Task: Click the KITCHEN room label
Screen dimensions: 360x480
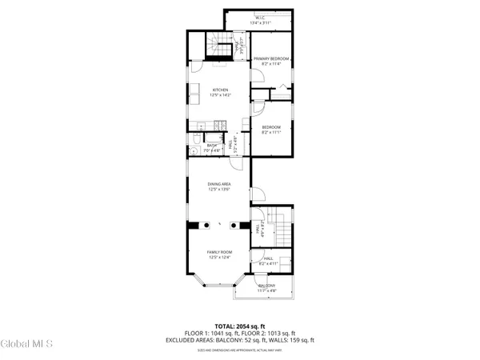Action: [x=220, y=90]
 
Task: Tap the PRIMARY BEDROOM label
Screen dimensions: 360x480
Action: [x=270, y=59]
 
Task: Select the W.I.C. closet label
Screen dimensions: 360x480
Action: [x=260, y=18]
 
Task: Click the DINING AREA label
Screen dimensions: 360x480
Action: [x=219, y=185]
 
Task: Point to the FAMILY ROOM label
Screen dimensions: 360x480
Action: [x=219, y=252]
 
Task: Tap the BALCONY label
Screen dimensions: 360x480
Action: [x=266, y=286]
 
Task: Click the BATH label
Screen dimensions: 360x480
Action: [x=211, y=145]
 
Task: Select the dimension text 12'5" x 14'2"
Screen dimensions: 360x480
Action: [x=220, y=95]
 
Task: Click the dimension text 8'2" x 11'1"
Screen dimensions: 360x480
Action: [x=271, y=132]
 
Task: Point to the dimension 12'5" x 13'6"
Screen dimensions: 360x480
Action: [x=219, y=190]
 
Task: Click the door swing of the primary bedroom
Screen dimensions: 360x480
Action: [x=258, y=78]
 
